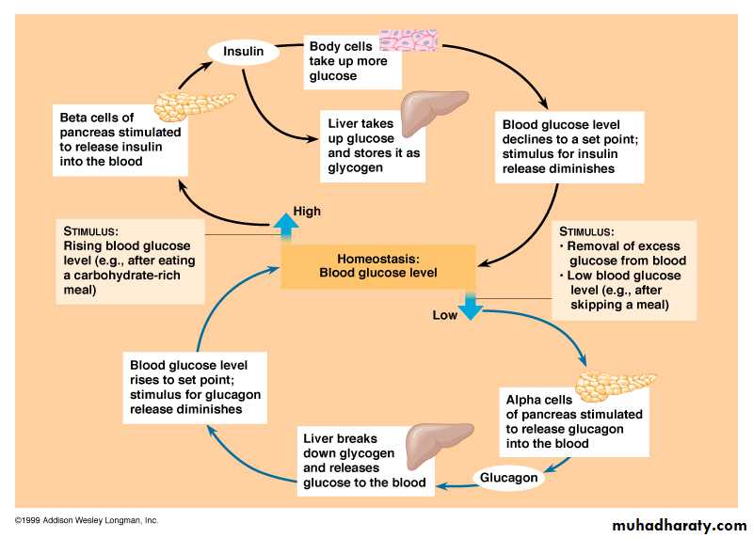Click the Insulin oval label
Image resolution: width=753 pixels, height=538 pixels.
pyautogui.click(x=243, y=51)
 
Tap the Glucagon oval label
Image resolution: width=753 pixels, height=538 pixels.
pyautogui.click(x=508, y=478)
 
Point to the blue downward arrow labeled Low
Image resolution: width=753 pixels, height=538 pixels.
pyautogui.click(x=471, y=306)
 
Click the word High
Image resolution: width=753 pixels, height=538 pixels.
pyautogui.click(x=307, y=211)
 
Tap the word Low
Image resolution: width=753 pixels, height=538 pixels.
pyautogui.click(x=444, y=316)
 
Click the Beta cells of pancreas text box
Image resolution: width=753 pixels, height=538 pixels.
pyautogui.click(x=120, y=139)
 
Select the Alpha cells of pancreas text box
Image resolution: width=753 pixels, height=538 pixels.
pyautogui.click(x=573, y=421)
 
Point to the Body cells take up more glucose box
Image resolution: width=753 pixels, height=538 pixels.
pyautogui.click(x=353, y=59)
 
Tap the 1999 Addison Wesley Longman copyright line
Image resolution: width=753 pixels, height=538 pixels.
pyautogui.click(x=87, y=520)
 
